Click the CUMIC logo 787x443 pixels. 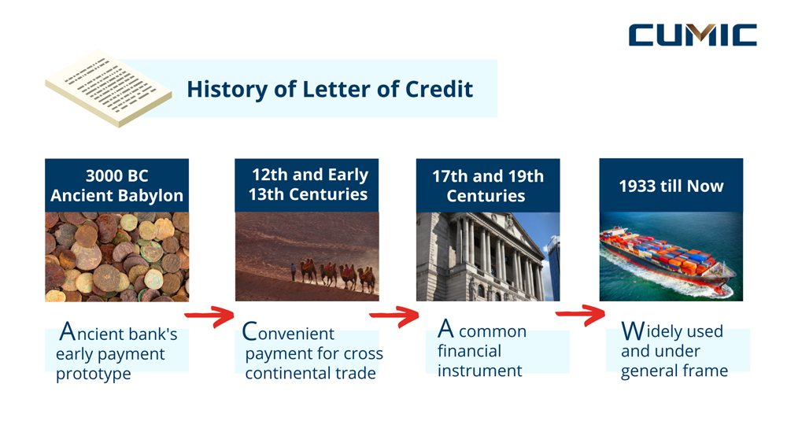[693, 35]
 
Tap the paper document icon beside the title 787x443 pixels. [108, 87]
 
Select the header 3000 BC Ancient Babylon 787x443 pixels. [116, 186]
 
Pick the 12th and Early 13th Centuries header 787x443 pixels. [306, 184]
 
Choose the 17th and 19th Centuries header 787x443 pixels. [487, 186]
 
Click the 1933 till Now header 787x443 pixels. [671, 186]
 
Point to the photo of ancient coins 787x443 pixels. [116, 257]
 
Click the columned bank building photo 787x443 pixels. [487, 257]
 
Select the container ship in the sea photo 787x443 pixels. [668, 259]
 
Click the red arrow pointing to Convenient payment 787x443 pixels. [210, 318]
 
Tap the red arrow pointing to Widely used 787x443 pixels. [581, 316]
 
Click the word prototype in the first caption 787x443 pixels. [93, 374]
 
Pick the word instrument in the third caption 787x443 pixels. [479, 370]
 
